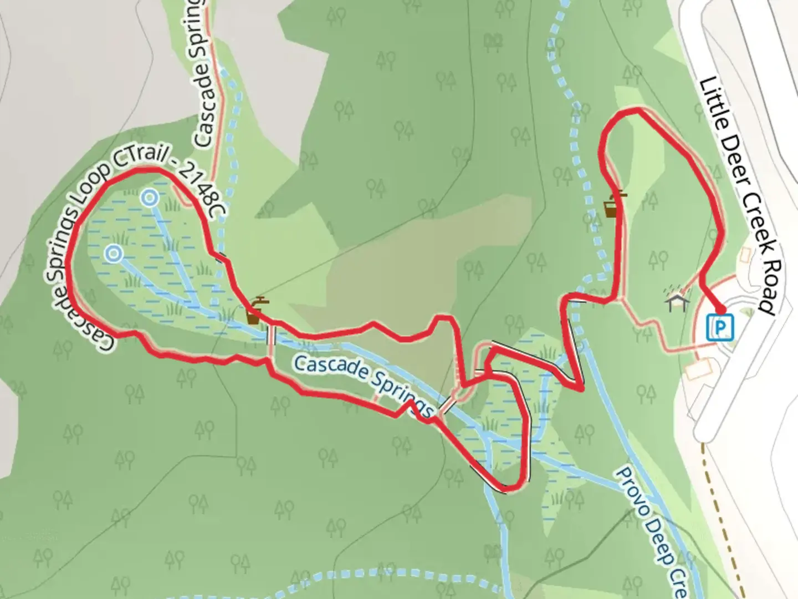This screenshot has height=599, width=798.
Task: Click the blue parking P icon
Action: click(721, 327)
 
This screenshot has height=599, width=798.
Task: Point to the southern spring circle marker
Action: click(114, 253)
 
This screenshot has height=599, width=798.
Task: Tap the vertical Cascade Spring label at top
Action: click(202, 78)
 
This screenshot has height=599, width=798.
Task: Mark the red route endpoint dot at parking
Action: click(721, 311)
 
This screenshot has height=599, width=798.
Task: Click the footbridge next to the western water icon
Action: click(271, 335)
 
